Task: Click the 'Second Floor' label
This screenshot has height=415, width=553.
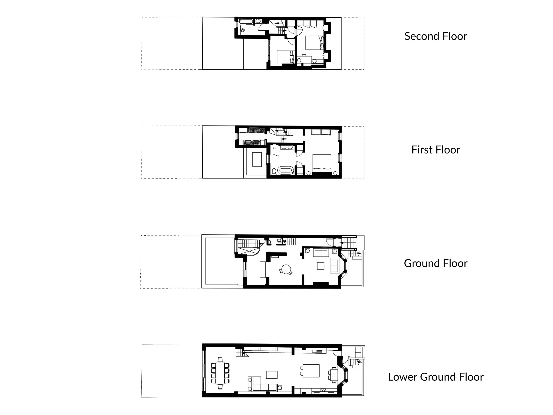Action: point(435,36)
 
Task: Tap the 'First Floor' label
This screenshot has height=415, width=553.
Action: point(435,150)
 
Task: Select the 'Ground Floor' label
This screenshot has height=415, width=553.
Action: point(435,263)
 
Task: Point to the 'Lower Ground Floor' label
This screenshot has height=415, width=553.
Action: point(435,377)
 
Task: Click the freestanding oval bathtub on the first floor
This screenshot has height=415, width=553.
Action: point(285,171)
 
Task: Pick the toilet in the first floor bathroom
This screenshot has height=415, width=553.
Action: point(274,171)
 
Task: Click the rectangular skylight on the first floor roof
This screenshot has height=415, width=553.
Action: point(257,159)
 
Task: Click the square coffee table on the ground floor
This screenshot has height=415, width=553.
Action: point(321,266)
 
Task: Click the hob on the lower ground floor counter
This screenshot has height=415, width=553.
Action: point(323,390)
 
